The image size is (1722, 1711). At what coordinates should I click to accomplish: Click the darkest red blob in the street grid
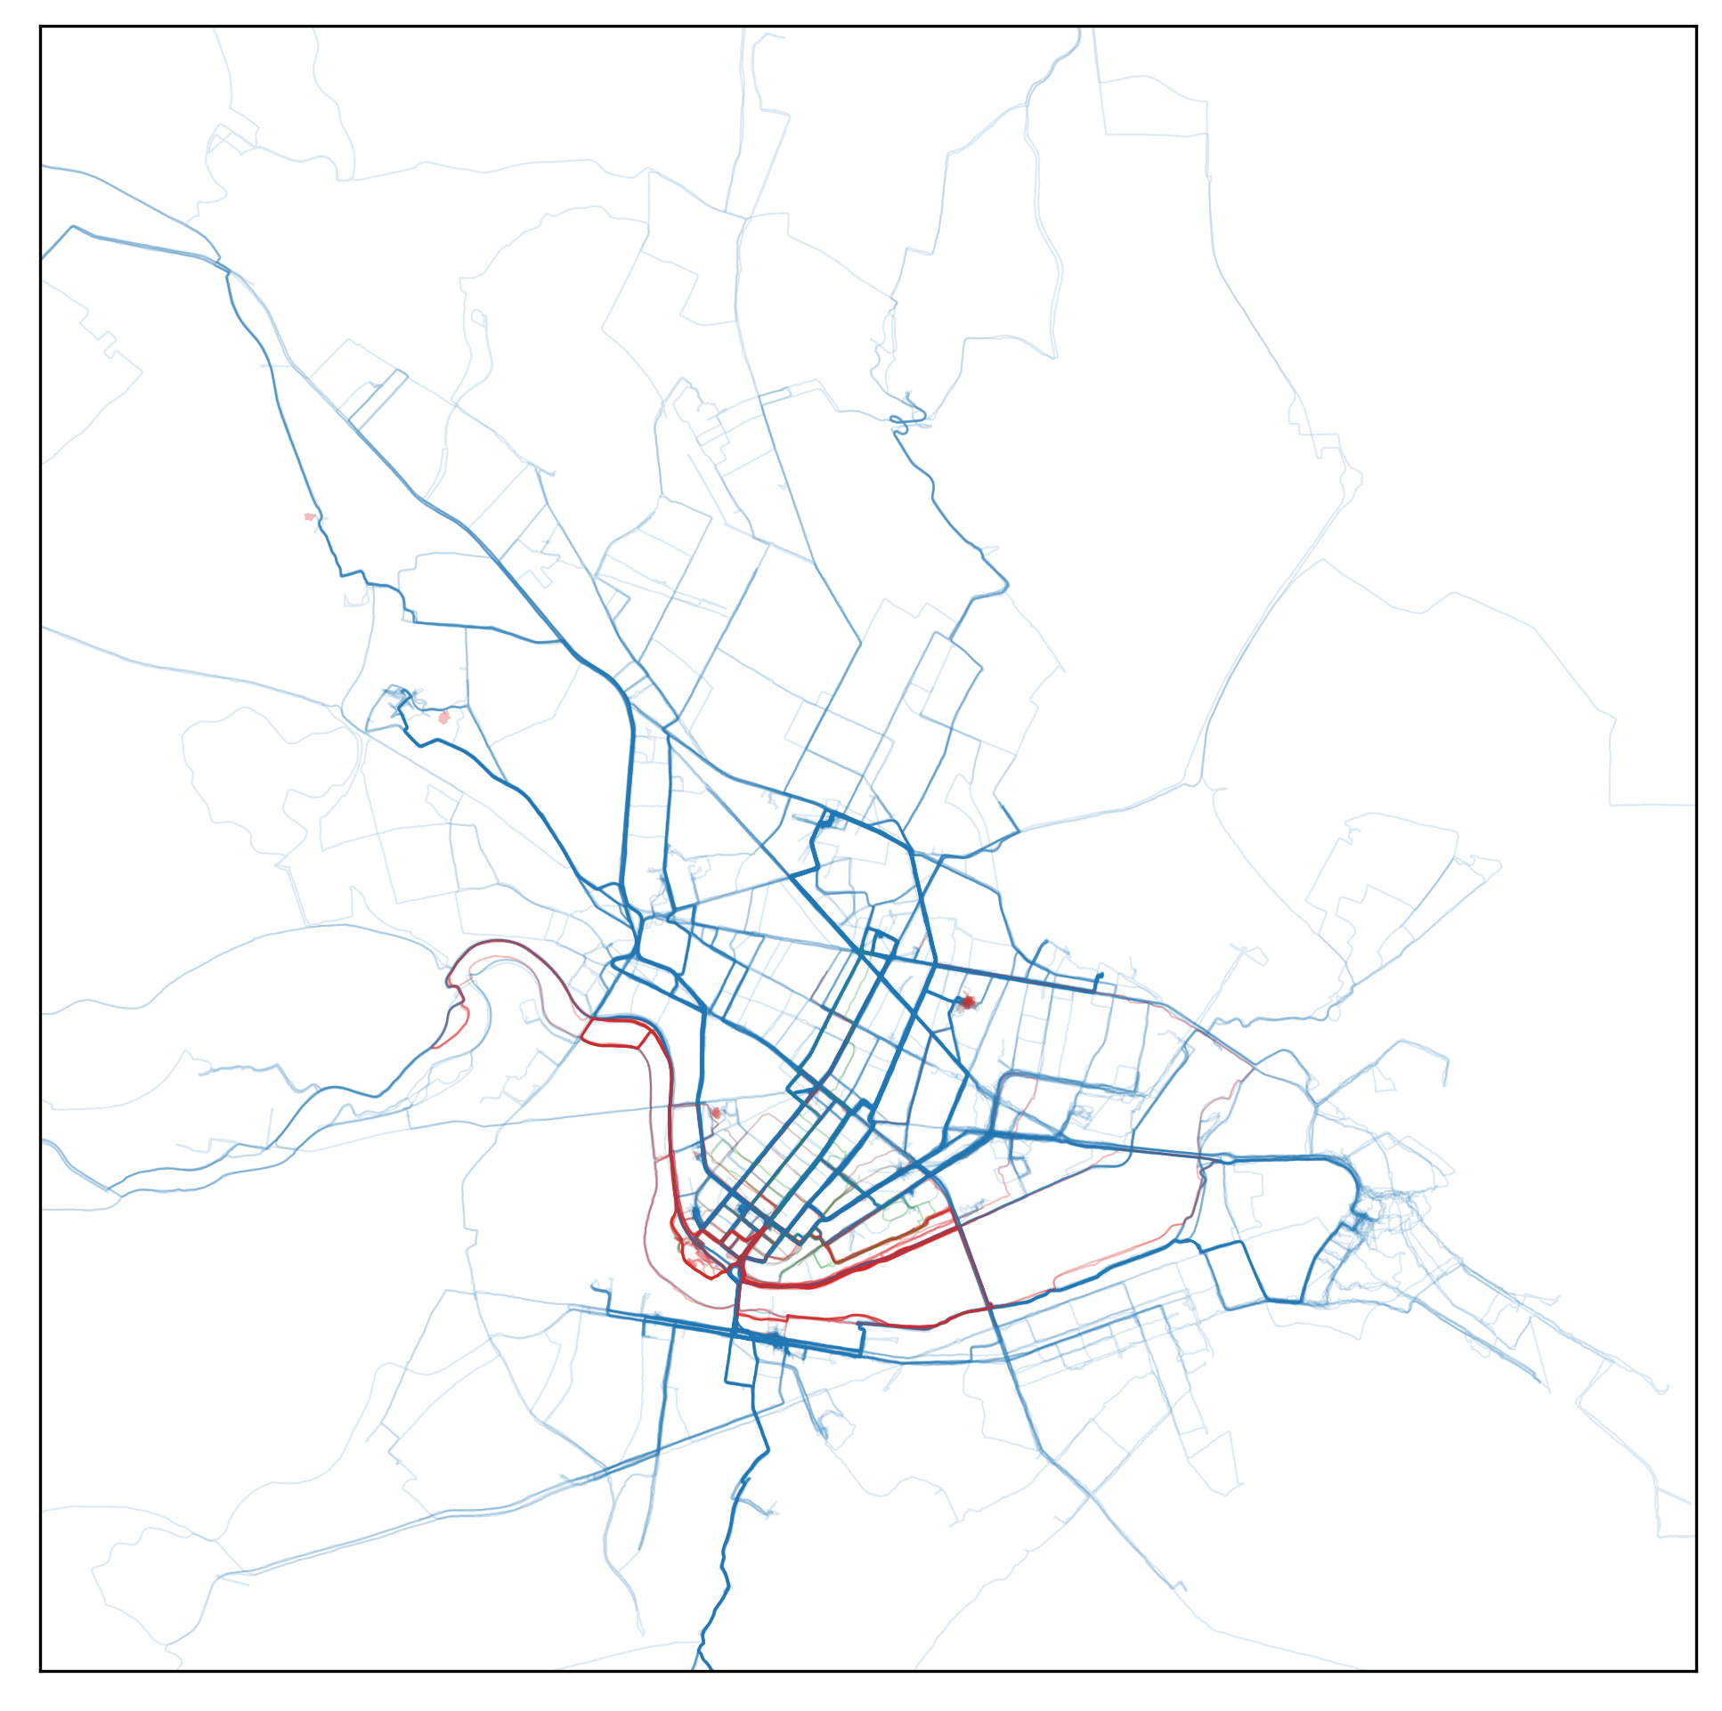point(968,1002)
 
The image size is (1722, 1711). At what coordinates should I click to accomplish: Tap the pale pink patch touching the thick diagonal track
point(310,517)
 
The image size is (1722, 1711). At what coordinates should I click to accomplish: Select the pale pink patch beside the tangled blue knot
point(444,718)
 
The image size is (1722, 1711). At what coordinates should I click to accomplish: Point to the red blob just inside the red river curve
point(716,1113)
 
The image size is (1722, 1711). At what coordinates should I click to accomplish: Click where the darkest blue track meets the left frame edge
point(41,259)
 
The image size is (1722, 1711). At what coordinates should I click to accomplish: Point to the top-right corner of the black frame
point(1695,27)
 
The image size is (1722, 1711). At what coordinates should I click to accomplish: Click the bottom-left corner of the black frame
point(41,1671)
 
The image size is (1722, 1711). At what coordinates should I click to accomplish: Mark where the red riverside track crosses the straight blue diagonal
point(989,1308)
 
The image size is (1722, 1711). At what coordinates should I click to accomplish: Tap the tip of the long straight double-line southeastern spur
point(1539,1382)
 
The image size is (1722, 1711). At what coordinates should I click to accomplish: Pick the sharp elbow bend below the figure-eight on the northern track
point(1006,586)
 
